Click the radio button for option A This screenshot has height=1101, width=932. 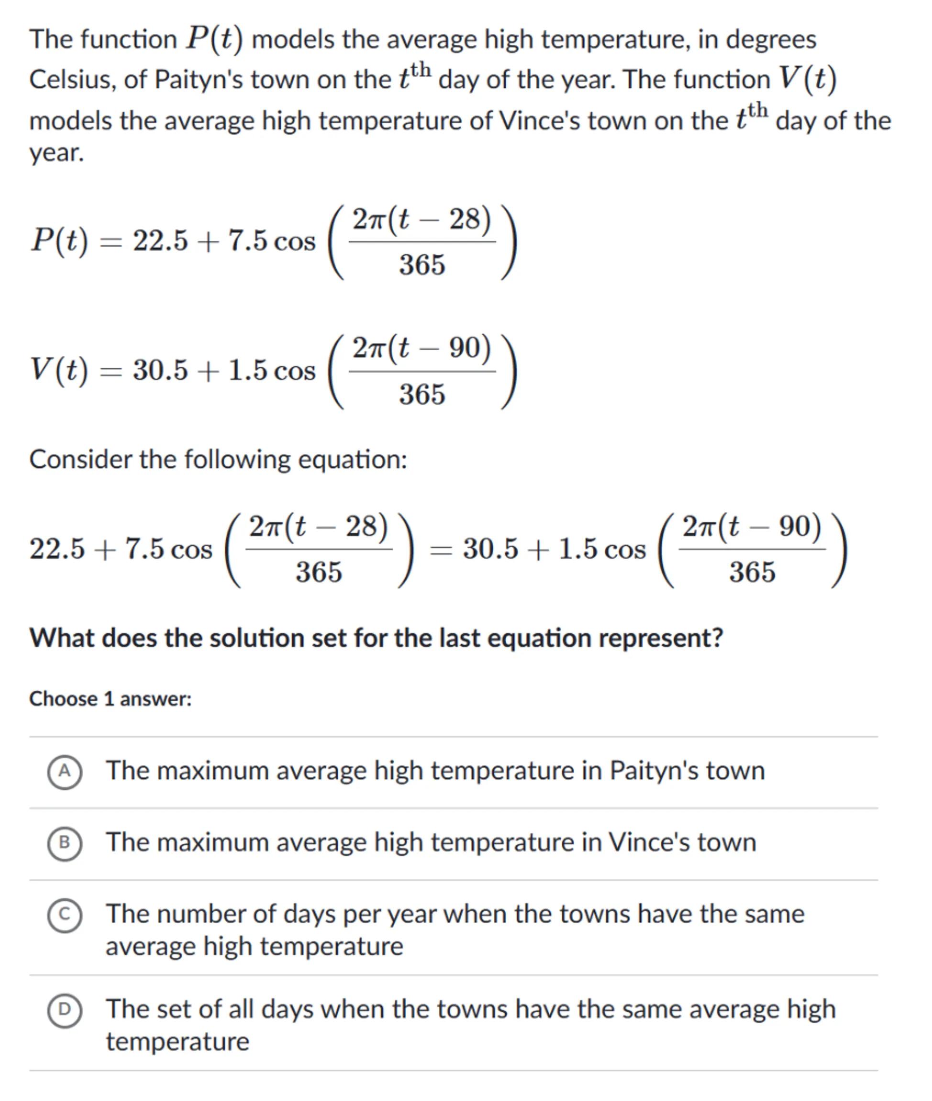pyautogui.click(x=65, y=772)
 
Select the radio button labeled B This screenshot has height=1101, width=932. pyautogui.click(x=65, y=843)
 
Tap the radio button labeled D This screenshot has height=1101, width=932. pyautogui.click(x=65, y=1010)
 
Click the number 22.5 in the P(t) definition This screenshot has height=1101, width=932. pyautogui.click(x=160, y=242)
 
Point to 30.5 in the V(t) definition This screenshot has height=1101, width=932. pyautogui.click(x=160, y=370)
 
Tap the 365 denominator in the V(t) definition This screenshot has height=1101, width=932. pyautogui.click(x=422, y=394)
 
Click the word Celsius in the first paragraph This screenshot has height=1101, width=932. pyautogui.click(x=72, y=80)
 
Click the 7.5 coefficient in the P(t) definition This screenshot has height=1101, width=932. pyautogui.click(x=248, y=242)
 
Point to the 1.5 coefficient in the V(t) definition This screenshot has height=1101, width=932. pyautogui.click(x=248, y=370)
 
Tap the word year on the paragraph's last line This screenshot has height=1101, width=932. pyautogui.click(x=55, y=153)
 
